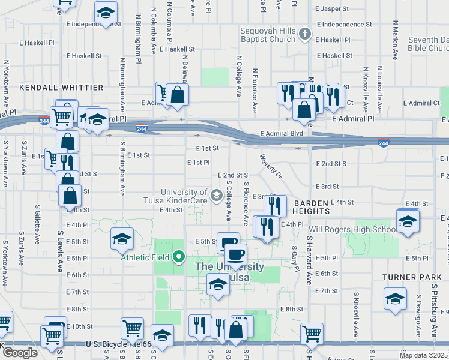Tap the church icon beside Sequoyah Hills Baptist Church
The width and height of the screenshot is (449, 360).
[305, 34]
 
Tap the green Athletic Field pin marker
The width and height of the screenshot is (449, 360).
[178, 258]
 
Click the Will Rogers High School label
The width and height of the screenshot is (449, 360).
[352, 229]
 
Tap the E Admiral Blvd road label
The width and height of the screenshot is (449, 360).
[281, 133]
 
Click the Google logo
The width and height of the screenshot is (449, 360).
[20, 352]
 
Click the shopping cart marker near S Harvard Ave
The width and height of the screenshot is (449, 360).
[311, 333]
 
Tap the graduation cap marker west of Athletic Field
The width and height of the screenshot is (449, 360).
[122, 239]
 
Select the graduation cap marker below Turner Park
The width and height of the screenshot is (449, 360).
[395, 298]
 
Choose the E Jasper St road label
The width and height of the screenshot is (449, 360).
[331, 9]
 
